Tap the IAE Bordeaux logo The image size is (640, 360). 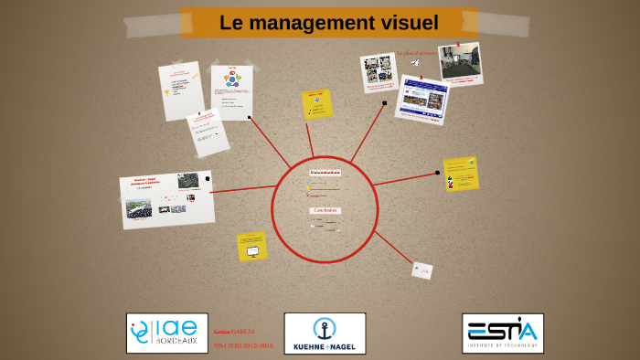coord(166,333)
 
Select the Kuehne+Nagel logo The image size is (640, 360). coord(325,334)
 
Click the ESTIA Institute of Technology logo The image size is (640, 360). coord(502,333)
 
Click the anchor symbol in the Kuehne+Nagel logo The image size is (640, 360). coord(325,327)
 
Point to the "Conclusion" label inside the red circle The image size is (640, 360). coord(325,210)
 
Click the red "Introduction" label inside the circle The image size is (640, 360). coord(325,172)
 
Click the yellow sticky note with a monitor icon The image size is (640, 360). coord(251,246)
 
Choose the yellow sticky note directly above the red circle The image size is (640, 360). coord(317,104)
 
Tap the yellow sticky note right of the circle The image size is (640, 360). coord(460,173)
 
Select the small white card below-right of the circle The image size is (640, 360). coord(421,270)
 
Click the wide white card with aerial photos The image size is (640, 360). coord(166,198)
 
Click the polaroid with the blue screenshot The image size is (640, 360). coord(421,99)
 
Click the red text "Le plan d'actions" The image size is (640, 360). coord(415,53)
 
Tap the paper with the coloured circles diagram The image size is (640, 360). coord(231,91)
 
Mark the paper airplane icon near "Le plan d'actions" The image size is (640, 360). coord(415,63)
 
